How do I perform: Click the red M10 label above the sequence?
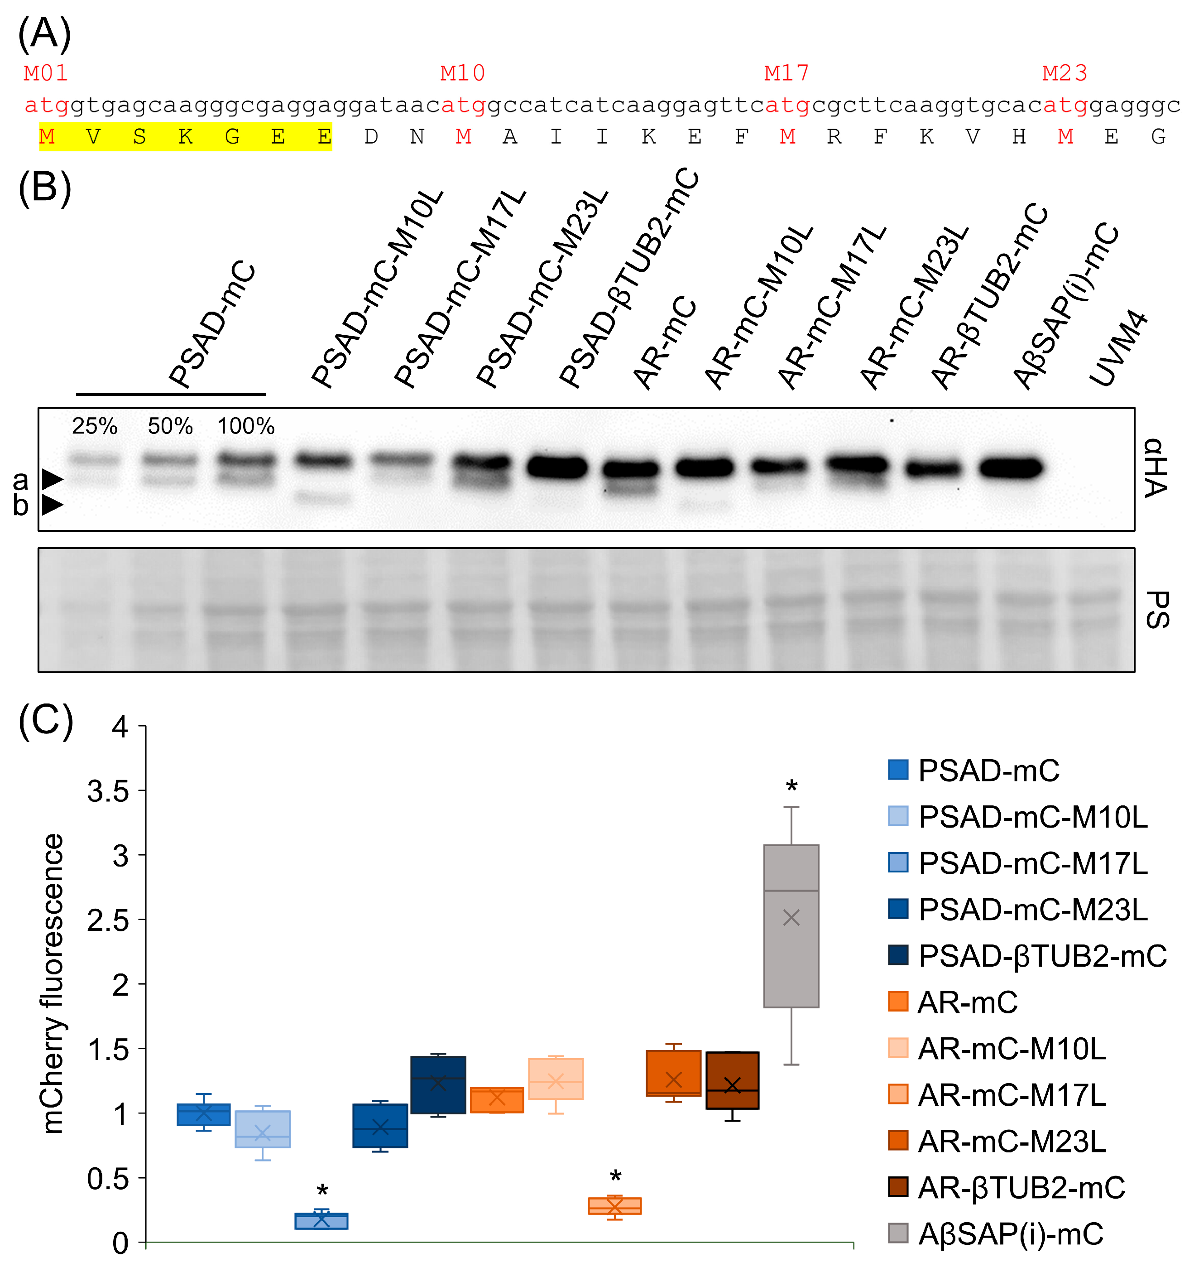(x=463, y=73)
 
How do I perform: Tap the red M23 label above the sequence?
(x=1065, y=73)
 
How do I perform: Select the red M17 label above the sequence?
(x=787, y=73)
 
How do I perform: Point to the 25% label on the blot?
(x=94, y=426)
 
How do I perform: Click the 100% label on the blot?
(x=246, y=426)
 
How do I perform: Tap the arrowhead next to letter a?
(x=52, y=479)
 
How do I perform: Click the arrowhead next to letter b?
(x=52, y=506)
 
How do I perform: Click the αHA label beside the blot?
(x=1156, y=468)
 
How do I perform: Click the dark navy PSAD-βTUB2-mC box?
(x=438, y=1085)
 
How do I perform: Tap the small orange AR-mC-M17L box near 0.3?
(x=615, y=1206)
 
